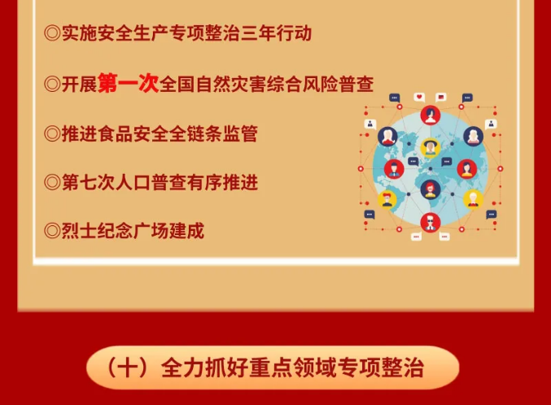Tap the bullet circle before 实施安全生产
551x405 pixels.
(x=52, y=33)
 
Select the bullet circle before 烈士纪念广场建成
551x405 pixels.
(x=52, y=231)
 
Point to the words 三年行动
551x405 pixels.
(x=276, y=33)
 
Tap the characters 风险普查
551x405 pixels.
(x=338, y=84)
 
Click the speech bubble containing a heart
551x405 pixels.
(x=419, y=97)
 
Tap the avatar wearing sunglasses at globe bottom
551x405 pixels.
(x=431, y=222)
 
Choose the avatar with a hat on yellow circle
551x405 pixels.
(x=431, y=147)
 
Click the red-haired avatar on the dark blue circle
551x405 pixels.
(x=431, y=189)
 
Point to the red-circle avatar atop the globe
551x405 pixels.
(x=431, y=115)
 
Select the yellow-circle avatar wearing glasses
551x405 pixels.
(x=387, y=199)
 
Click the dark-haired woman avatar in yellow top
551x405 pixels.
(x=466, y=169)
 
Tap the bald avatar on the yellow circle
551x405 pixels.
(x=473, y=199)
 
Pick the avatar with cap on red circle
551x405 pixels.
(x=394, y=169)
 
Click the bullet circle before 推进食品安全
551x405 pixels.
(x=52, y=134)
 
